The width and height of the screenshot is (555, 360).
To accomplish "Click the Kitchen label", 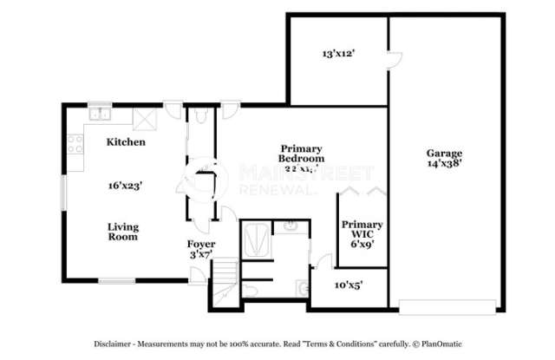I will pyautogui.click(x=126, y=141).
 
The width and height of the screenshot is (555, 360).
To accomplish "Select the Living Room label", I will pyautogui.click(x=123, y=232).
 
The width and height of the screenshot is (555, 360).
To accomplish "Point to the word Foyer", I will pyautogui.click(x=201, y=244).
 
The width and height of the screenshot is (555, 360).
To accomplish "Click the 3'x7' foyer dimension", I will pyautogui.click(x=201, y=255).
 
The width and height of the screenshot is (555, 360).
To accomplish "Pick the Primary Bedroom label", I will pyautogui.click(x=301, y=154).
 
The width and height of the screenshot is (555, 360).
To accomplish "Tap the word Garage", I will pyautogui.click(x=443, y=152).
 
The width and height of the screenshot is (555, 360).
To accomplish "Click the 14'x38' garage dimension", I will pyautogui.click(x=443, y=163).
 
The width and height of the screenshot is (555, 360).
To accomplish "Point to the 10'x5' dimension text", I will pyautogui.click(x=349, y=284).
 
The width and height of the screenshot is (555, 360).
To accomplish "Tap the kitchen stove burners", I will pyautogui.click(x=72, y=147).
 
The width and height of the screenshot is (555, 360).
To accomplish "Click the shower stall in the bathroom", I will pyautogui.click(x=256, y=239).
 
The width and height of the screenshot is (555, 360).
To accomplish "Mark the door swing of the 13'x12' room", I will pyautogui.click(x=394, y=60).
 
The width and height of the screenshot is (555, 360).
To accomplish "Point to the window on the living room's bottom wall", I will pyautogui.click(x=115, y=281).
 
